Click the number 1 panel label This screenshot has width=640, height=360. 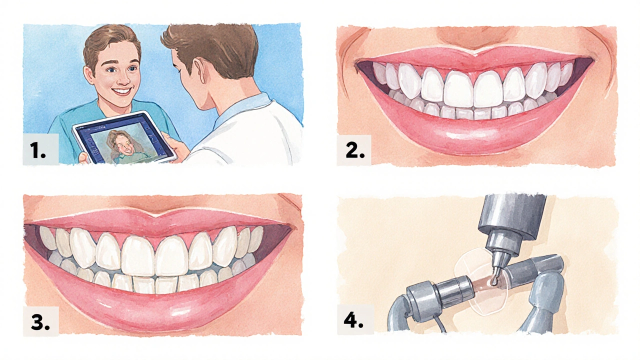click(x=38, y=150)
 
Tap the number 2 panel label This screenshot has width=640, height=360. click(x=355, y=150)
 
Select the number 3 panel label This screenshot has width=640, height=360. click(x=40, y=322)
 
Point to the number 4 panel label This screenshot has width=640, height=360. click(x=353, y=320)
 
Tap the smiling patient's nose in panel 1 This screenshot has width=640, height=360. click(x=123, y=79)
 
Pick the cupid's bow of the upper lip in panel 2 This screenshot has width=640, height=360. click(x=474, y=51)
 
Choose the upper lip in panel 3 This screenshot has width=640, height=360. click(x=160, y=223)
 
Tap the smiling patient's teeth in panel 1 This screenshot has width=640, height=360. click(x=122, y=91)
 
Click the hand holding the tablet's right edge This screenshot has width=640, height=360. click(x=171, y=145)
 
